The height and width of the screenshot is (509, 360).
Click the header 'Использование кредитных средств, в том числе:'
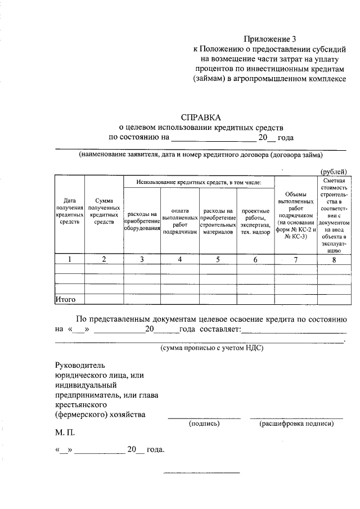(x=198, y=183)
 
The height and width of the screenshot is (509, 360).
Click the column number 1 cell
(x=69, y=259)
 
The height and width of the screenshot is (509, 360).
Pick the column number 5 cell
(x=217, y=259)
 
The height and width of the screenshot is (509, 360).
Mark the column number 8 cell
(x=335, y=259)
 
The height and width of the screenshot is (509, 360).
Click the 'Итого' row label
(x=65, y=299)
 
